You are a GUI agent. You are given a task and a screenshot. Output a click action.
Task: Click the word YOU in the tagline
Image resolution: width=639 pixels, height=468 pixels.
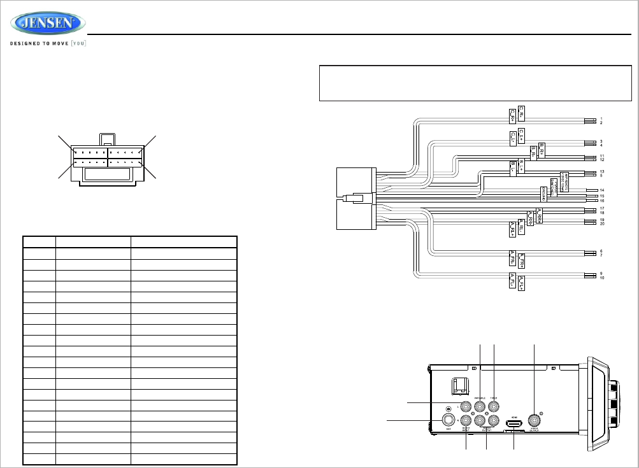coord(78,44)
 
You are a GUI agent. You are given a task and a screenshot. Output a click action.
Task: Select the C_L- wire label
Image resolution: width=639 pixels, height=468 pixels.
coord(512,137)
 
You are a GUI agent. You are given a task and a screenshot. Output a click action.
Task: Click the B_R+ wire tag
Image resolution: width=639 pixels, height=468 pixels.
coord(542,150)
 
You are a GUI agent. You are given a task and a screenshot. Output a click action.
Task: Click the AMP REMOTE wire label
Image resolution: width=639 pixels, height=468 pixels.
coord(564,178)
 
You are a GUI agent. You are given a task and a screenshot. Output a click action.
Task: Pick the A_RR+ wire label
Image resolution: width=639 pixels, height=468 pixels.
coord(539,216)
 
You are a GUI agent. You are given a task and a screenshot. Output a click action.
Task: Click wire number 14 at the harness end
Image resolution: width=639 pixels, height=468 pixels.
coord(601,190)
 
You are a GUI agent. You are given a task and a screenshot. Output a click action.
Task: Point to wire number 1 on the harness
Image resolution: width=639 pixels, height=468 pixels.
coord(601,119)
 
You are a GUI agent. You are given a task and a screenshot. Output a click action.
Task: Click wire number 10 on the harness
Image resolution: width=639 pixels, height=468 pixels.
coord(601,278)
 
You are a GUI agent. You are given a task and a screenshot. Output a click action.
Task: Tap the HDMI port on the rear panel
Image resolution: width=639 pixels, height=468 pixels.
coord(513,424)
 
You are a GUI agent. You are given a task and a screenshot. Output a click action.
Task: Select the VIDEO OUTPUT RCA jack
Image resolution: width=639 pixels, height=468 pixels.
coord(534,420)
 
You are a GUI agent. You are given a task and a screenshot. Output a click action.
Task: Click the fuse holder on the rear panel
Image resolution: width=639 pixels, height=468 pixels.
coord(456,386)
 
